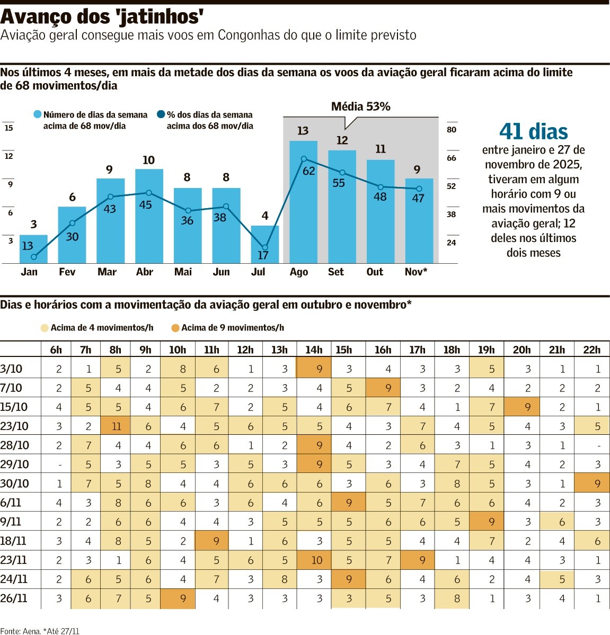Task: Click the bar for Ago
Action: pos(303,202)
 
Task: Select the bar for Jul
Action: pos(264,244)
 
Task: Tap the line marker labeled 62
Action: pos(304,159)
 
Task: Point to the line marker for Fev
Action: pos(72,223)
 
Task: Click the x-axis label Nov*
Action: pos(416,272)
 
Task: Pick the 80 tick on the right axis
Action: pos(452,129)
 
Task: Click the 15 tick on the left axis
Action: pos(8,128)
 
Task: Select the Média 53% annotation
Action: pos(360,106)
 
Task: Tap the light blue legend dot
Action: pos(37,114)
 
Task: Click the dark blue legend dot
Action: pos(161,114)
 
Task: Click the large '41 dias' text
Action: pos(533,131)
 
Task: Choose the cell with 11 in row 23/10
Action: pos(116,426)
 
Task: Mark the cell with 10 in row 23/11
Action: pos(316,560)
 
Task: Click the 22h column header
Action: pos(591,350)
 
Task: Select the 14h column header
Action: pos(314,350)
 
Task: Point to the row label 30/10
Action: pos(14,484)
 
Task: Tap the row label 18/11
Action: pos(13,541)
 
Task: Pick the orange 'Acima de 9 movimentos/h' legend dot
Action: pos(175,328)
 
